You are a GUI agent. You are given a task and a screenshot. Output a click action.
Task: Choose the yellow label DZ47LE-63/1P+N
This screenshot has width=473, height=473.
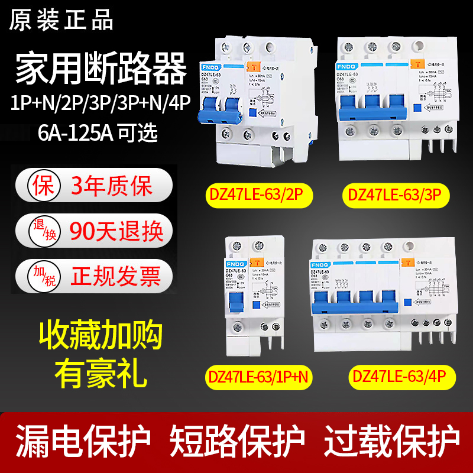[x=261, y=377]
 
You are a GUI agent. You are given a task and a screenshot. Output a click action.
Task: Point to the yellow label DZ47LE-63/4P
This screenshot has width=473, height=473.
[x=397, y=377]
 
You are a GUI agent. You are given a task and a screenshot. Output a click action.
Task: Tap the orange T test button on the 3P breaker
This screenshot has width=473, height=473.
[x=416, y=66]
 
